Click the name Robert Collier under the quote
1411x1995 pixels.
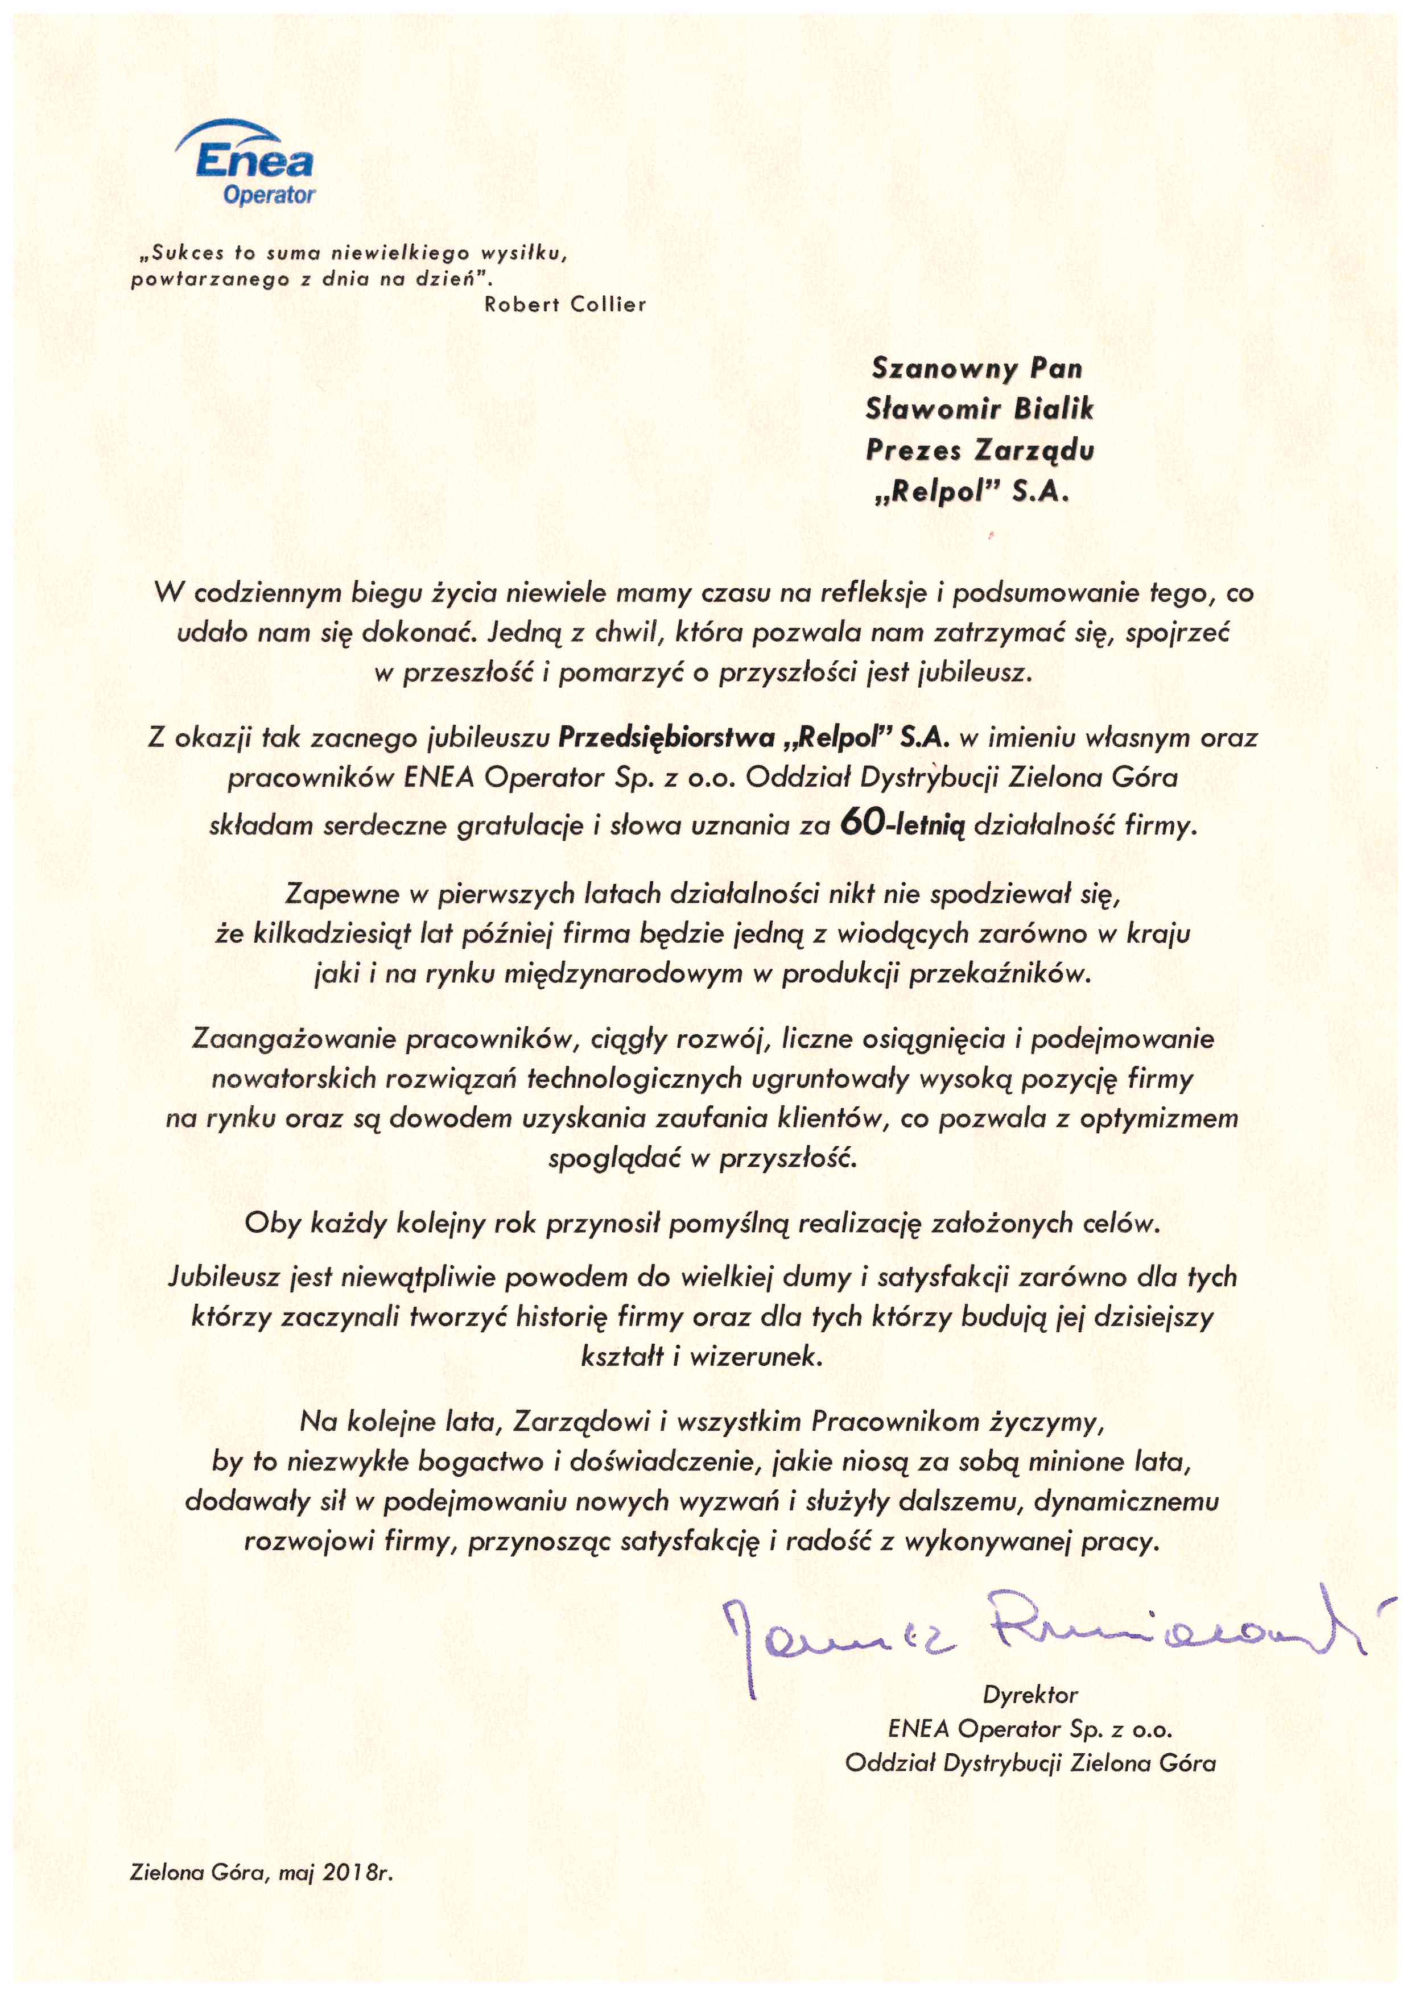565,304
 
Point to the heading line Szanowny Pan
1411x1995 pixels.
976,369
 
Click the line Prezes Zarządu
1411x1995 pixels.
979,449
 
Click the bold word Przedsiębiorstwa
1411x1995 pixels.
666,738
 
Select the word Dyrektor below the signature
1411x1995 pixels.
1030,1695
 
